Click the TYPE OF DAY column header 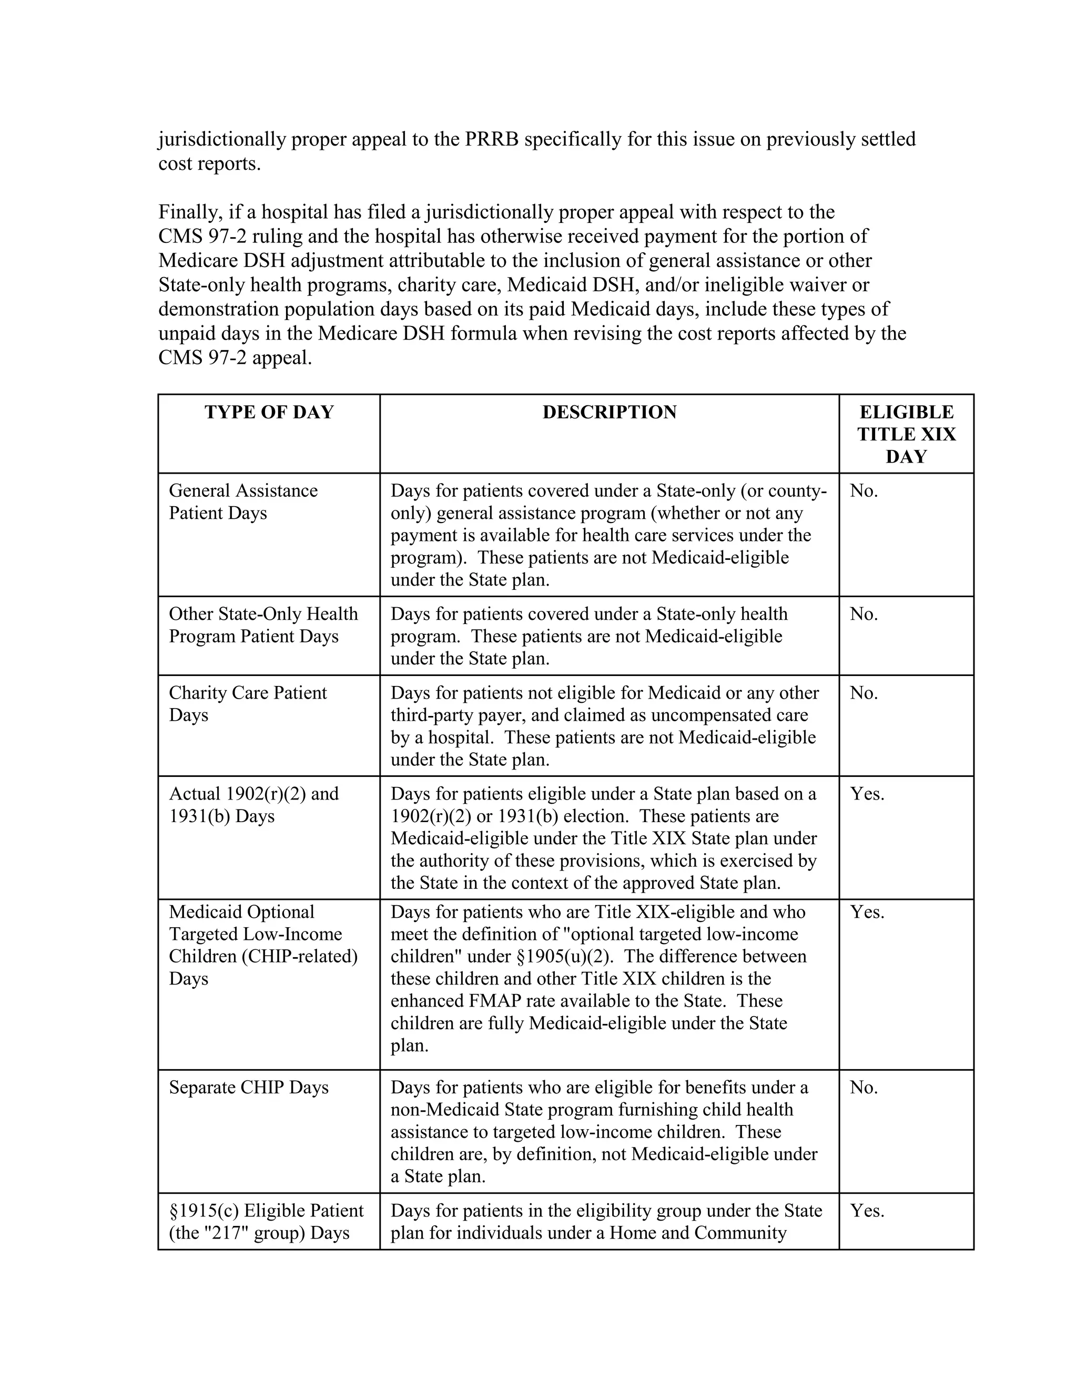tap(269, 412)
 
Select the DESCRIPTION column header tap(609, 412)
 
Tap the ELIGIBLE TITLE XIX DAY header tap(906, 434)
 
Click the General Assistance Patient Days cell tap(242, 501)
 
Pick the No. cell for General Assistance tap(864, 490)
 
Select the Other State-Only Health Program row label tap(263, 624)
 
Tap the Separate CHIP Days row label tap(248, 1087)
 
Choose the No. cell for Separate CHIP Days tap(864, 1087)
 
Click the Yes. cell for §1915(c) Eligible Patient tap(867, 1210)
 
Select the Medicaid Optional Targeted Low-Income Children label tap(263, 945)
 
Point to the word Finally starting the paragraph tap(189, 212)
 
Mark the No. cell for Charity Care tap(864, 693)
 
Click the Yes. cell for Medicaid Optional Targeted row tap(867, 912)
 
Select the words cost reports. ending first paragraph tap(209, 163)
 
